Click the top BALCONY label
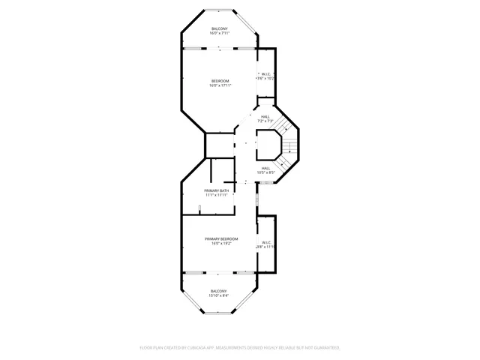pos(220,28)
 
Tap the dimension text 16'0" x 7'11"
pos(220,33)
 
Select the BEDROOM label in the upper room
pos(220,81)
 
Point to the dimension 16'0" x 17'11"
pos(220,85)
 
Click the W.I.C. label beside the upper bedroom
pos(265,73)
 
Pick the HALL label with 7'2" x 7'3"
pos(265,117)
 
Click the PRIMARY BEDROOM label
pos(221,238)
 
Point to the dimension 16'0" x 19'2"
pos(221,243)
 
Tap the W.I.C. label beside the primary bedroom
pos(265,242)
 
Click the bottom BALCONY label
pos(218,291)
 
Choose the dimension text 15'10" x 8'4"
pos(218,295)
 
